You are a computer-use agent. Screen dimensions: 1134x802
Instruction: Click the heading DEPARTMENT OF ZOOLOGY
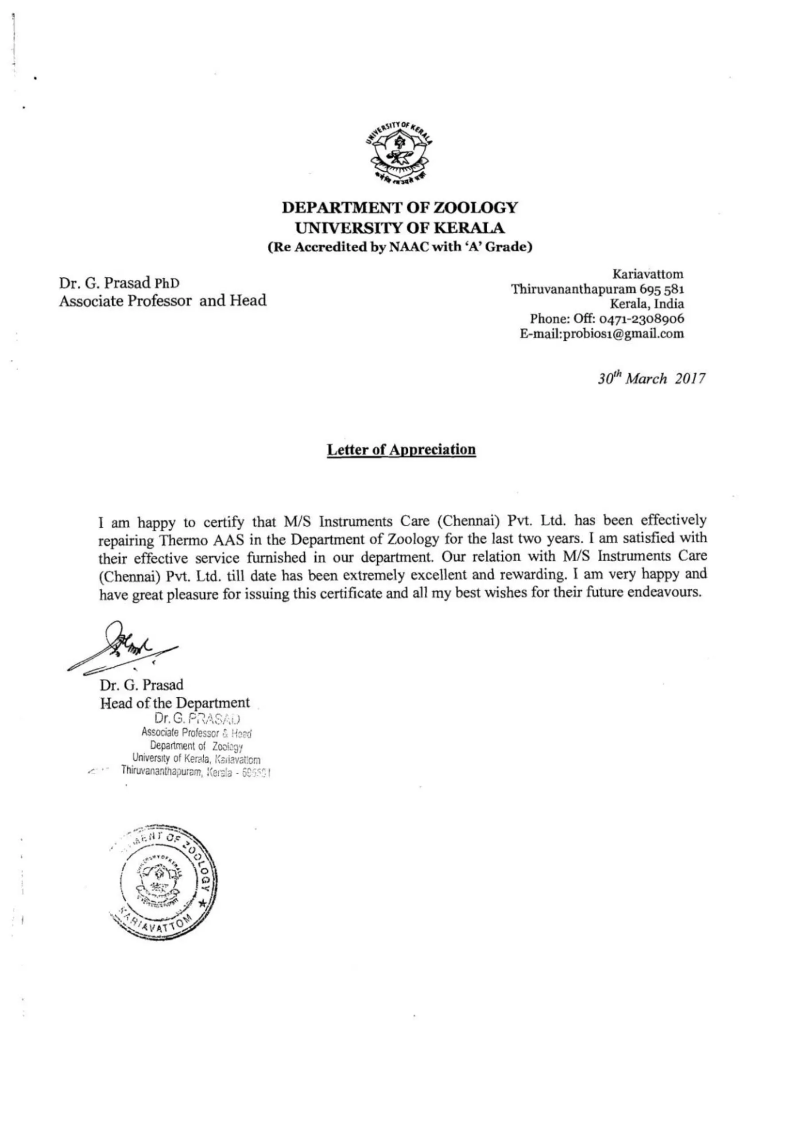coord(399,207)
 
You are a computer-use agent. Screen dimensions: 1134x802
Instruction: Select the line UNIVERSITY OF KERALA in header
coord(399,228)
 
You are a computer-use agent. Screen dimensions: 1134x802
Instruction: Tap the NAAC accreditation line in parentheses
coord(399,247)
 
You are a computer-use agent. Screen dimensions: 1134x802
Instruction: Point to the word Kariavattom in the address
coord(648,274)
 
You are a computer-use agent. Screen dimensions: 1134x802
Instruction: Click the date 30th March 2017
coord(651,379)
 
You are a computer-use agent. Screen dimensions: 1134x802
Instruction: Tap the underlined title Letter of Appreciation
coord(401,450)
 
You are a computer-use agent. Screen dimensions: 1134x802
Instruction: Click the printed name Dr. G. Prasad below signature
coord(141,685)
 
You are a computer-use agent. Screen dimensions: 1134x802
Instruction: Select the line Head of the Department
coord(175,703)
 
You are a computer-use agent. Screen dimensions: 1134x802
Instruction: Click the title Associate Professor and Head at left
coord(163,301)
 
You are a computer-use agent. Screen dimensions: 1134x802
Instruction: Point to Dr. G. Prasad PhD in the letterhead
coord(119,283)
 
